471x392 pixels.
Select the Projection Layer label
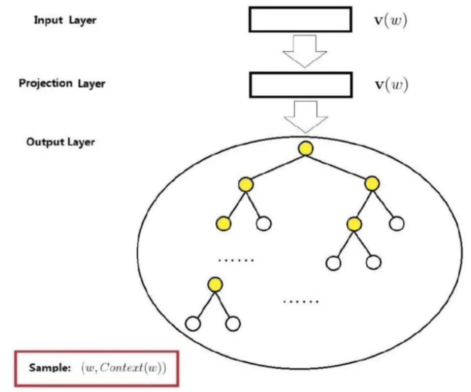coord(62,83)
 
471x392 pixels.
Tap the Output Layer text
coord(61,142)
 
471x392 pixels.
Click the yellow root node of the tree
coord(306,148)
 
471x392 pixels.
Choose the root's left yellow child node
coord(246,185)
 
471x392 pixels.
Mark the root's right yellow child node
coord(372,184)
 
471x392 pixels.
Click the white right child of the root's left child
coord(264,224)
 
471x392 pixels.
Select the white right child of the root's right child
coord(397,224)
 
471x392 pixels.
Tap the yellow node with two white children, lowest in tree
coord(215,284)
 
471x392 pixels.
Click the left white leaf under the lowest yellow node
coord(193,324)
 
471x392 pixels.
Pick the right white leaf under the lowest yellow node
coord(233,324)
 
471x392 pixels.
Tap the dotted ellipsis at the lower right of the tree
coord(301,301)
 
